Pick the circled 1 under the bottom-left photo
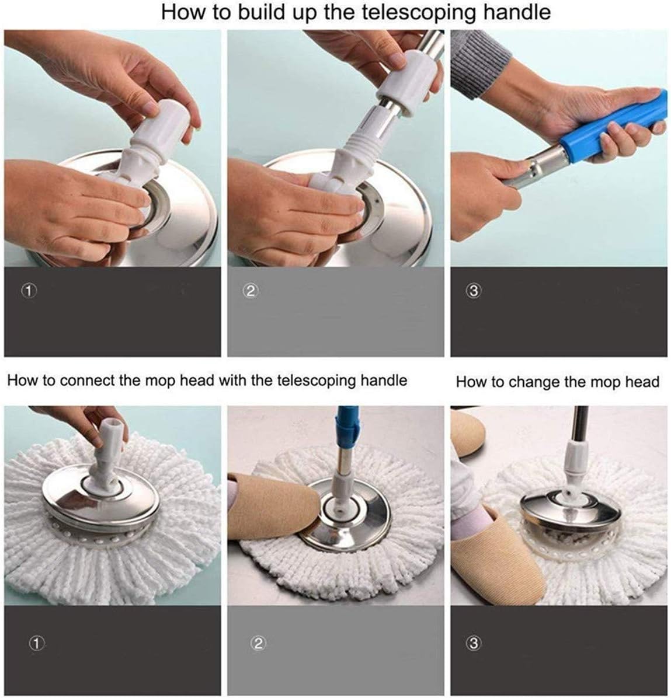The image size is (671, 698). [36, 643]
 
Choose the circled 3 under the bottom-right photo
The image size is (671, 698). [474, 643]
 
